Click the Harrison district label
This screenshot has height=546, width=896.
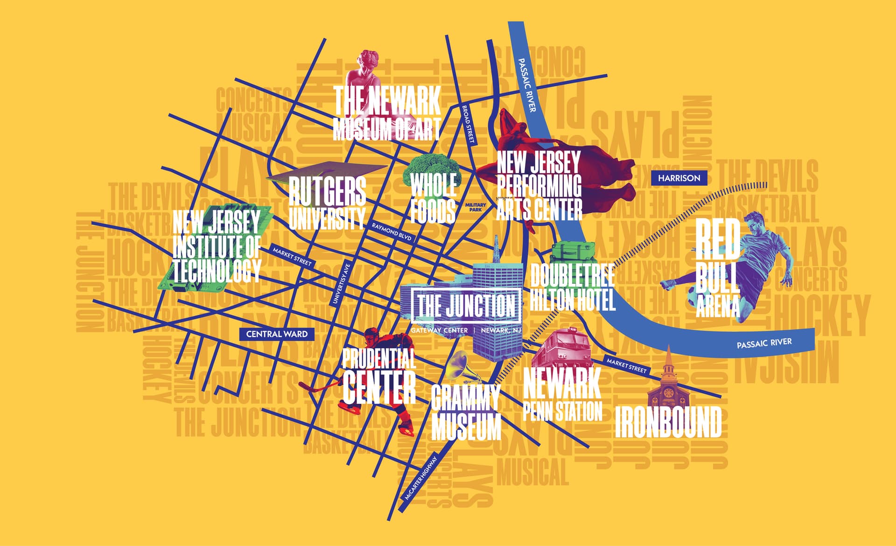(679, 178)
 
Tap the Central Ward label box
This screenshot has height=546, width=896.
(277, 334)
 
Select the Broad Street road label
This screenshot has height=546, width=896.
(468, 124)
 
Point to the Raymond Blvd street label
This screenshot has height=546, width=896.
(392, 232)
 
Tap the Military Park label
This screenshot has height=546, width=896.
(476, 207)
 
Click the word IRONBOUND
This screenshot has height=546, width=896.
(668, 422)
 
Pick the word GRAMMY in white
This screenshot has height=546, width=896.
(465, 399)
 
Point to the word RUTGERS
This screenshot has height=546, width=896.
(327, 191)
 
